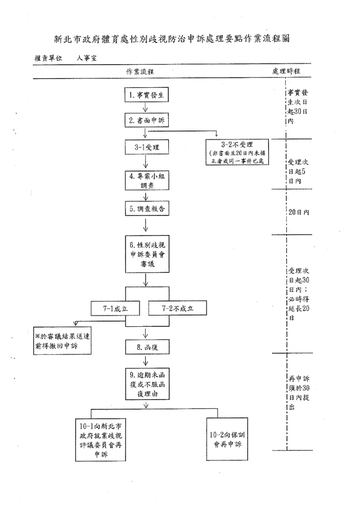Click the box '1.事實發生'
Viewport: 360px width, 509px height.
(x=146, y=96)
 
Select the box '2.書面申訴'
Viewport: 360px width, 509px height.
(x=146, y=121)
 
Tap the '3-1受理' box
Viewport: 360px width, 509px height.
(x=146, y=148)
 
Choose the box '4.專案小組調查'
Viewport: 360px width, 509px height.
(x=146, y=180)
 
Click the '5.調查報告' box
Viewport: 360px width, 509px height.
(x=146, y=209)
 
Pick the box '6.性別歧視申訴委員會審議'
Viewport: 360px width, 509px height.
(x=146, y=253)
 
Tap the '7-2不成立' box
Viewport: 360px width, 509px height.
(x=177, y=308)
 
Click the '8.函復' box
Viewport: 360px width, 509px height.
(x=146, y=347)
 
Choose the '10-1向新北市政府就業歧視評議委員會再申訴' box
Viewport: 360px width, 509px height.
(x=102, y=439)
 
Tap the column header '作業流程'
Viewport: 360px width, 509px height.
(x=140, y=73)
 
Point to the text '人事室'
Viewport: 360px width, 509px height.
(x=87, y=58)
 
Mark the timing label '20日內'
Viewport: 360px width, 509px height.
(x=299, y=212)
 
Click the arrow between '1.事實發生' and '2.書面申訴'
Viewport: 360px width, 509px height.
(x=146, y=108)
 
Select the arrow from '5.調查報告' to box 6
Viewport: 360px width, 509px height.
(x=146, y=225)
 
